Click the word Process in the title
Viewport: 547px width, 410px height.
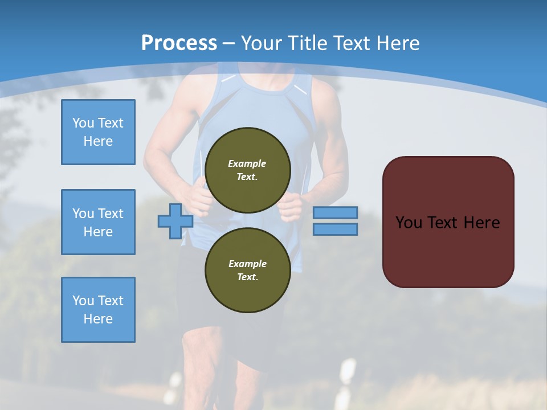click(179, 43)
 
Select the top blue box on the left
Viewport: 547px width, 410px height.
click(98, 132)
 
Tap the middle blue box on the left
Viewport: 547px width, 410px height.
click(98, 222)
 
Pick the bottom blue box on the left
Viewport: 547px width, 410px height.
click(98, 310)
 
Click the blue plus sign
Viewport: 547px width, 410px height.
click(175, 221)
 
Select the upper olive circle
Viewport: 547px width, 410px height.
click(248, 170)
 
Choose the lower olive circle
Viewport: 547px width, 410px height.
click(248, 270)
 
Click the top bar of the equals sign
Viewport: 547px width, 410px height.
click(335, 212)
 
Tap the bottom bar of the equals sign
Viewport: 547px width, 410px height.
click(335, 229)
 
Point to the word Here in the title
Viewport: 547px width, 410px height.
click(397, 43)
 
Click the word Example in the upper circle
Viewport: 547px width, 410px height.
click(247, 163)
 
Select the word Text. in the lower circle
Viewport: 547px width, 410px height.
click(247, 277)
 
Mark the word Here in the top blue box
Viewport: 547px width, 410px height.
click(98, 141)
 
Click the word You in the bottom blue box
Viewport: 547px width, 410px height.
click(83, 301)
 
